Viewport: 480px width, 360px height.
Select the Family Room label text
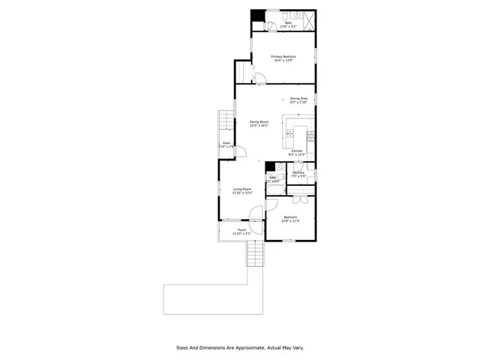coord(259,124)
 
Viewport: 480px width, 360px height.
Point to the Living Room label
coord(242,190)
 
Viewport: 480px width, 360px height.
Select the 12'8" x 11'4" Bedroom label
coord(290,218)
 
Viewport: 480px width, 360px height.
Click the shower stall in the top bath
coord(308,19)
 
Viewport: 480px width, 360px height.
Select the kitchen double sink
coord(289,134)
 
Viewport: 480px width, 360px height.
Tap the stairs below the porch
coord(256,254)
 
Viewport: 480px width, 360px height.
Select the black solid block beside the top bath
coord(256,16)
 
